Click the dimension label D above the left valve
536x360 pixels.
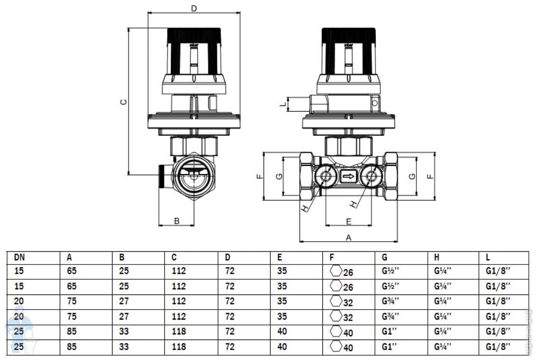[193, 8]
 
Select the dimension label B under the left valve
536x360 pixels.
[177, 220]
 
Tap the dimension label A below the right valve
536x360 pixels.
[348, 237]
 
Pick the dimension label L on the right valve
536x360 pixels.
[283, 103]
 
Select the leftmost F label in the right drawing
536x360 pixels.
[259, 176]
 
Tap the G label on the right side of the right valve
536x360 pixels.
[412, 176]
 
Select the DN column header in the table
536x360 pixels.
[19, 257]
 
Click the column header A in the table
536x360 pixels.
[69, 257]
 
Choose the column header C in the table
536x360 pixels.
[174, 257]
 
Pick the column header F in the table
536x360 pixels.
[331, 257]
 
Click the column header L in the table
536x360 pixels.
[488, 257]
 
